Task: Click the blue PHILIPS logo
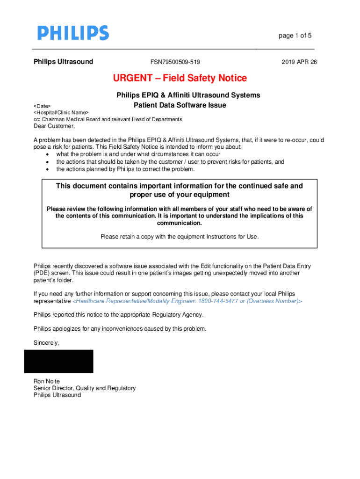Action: tap(73, 33)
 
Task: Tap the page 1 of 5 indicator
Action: tap(295, 36)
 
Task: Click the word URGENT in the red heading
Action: tap(132, 78)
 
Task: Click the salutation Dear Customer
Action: tap(54, 126)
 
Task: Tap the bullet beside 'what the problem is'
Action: tap(48, 154)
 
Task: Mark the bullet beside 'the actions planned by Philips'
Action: tap(48, 169)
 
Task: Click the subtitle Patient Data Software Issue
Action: tap(180, 105)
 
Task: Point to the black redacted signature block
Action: tap(59, 361)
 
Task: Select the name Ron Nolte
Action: tap(46, 381)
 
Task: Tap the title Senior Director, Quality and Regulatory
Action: tap(85, 388)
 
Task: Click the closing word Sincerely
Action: tap(46, 342)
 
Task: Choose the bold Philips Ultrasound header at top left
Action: tap(63, 62)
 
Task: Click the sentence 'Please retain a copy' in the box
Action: tap(180, 237)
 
